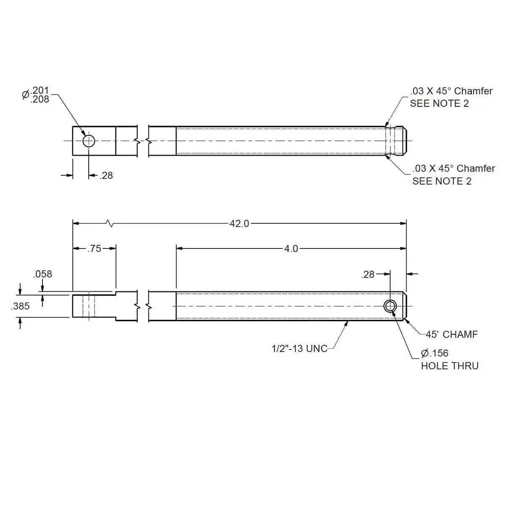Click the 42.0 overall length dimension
(239, 224)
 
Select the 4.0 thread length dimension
(291, 249)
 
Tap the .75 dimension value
(94, 249)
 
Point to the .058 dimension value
(42, 274)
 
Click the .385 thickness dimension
(20, 306)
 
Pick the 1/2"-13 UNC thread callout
(299, 349)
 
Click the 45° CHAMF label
(452, 334)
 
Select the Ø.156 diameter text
(435, 353)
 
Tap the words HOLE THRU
(449, 366)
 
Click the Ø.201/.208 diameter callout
(36, 95)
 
